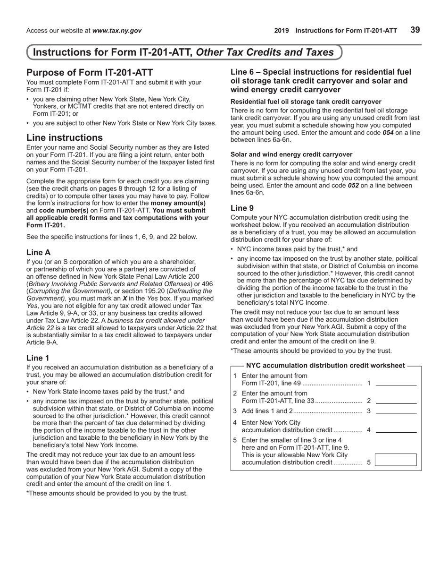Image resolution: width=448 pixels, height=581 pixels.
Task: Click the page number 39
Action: tap(415, 30)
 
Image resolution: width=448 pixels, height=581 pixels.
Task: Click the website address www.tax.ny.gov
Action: tap(116, 31)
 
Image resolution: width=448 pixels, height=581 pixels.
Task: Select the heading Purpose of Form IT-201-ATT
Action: tap(90, 72)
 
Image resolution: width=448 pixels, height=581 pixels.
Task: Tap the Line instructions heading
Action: tap(65, 137)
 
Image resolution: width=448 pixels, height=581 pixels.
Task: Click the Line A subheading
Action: tap(38, 252)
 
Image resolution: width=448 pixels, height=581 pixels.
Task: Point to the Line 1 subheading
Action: tap(38, 358)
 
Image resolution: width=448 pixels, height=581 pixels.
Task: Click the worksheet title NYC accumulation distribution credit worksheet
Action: tap(325, 365)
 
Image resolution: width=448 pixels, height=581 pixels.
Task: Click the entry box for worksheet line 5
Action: tap(396, 460)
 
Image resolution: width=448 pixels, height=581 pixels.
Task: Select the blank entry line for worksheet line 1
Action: tap(396, 383)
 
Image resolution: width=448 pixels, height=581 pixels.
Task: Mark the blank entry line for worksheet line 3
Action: tap(396, 410)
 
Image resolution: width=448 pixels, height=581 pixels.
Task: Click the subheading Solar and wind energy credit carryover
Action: tap(291, 154)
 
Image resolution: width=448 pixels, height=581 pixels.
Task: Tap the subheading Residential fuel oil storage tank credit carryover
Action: tap(306, 102)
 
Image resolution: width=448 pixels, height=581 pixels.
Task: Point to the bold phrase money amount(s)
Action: tap(178, 203)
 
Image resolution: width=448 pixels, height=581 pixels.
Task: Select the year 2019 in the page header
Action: tap(282, 31)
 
